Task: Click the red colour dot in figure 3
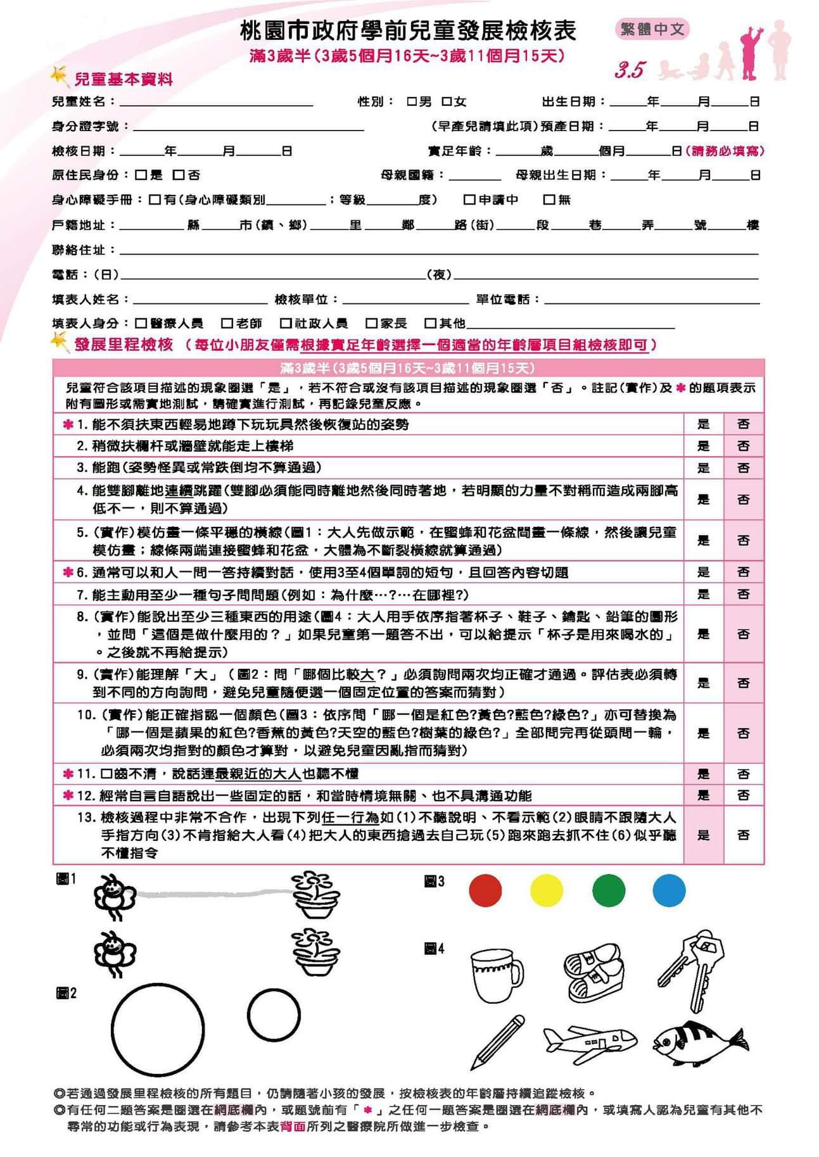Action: (485, 890)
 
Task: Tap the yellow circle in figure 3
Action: (547, 890)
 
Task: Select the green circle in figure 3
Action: (608, 890)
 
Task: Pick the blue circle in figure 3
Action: (669, 890)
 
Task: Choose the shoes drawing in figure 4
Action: (594, 972)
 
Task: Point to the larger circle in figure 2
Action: (158, 1030)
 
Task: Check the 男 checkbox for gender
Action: (412, 101)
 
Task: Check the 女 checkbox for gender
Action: (447, 101)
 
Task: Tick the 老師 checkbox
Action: (227, 324)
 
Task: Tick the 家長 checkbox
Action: (372, 324)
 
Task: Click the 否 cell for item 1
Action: (744, 424)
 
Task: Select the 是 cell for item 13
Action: (703, 835)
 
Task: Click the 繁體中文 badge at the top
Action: (652, 29)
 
